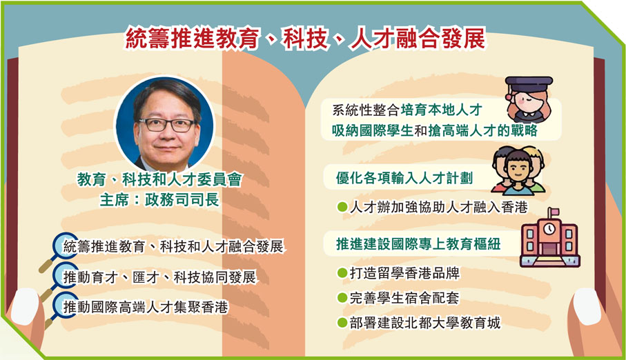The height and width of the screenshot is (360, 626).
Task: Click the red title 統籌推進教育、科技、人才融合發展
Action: click(x=305, y=39)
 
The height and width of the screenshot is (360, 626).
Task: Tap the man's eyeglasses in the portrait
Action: click(x=166, y=125)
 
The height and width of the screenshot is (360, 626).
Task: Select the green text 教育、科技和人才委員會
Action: click(x=159, y=180)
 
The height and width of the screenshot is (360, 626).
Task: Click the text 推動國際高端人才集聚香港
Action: click(x=146, y=306)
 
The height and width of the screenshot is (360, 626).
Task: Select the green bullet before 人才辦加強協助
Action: click(x=340, y=207)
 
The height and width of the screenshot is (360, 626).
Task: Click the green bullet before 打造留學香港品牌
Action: click(x=340, y=274)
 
